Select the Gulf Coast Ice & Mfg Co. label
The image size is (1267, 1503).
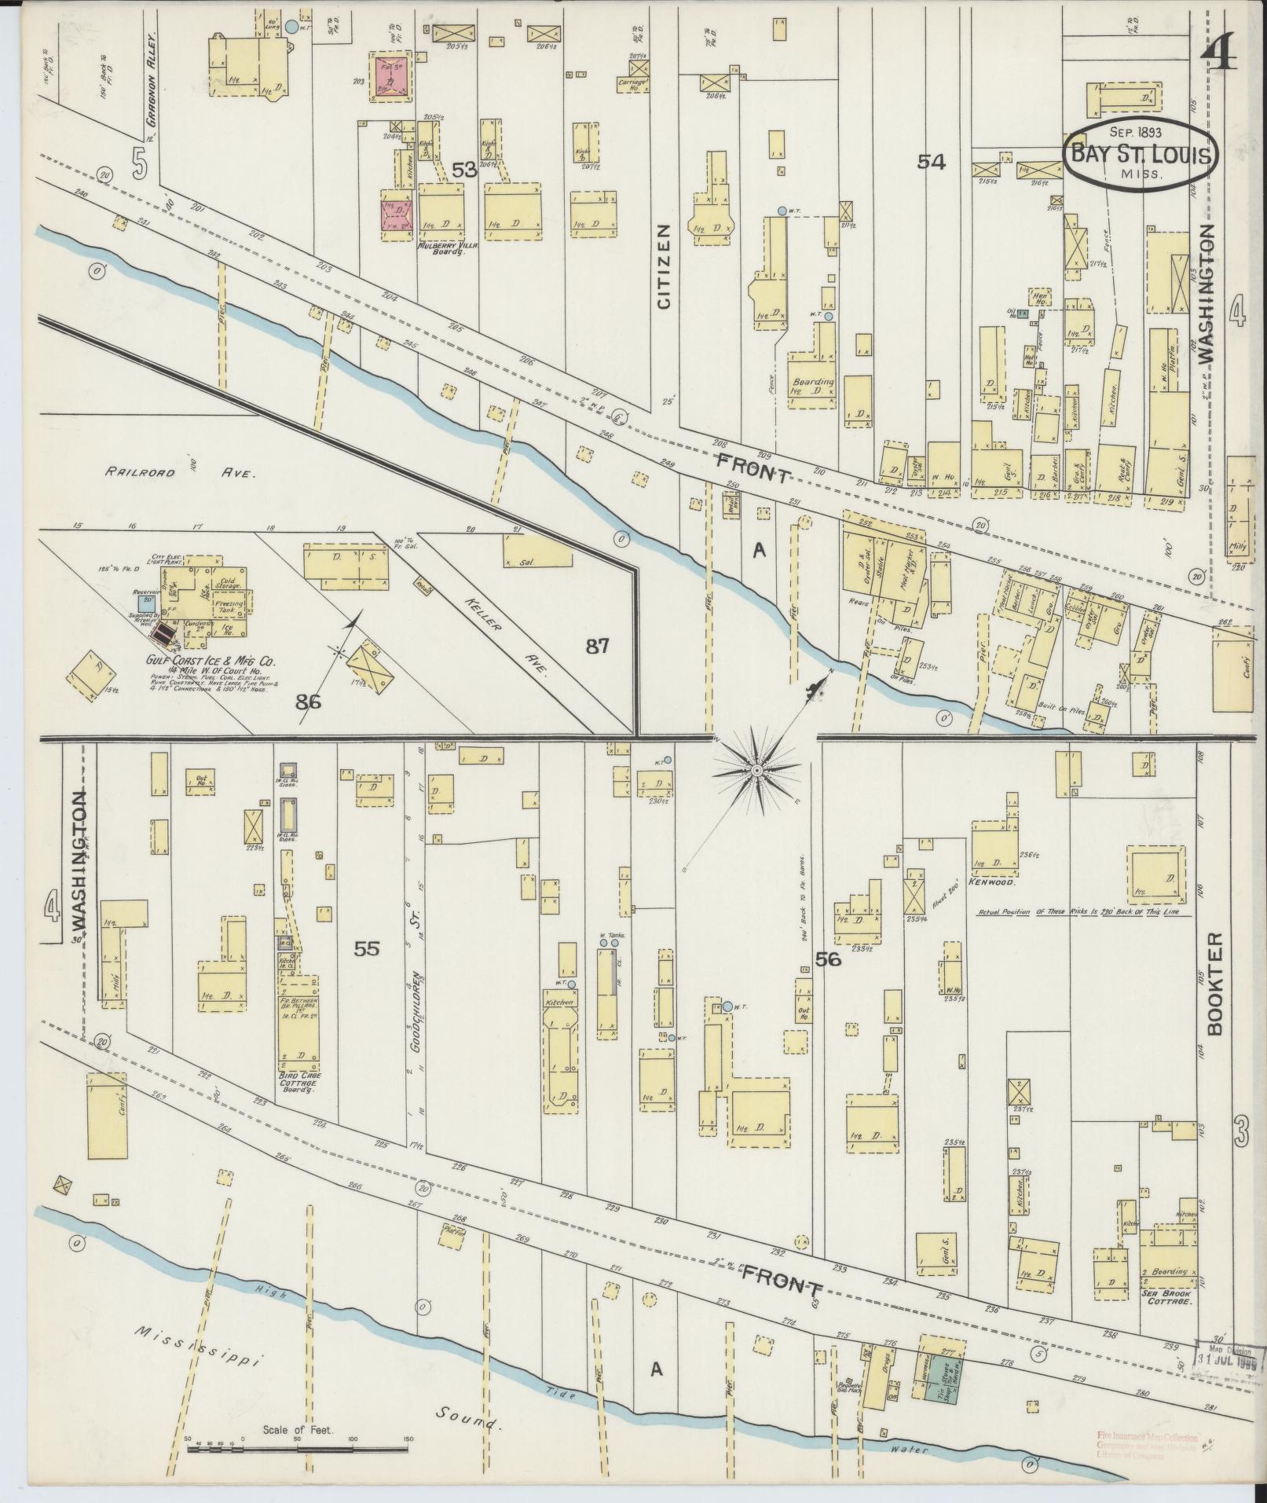pos(209,662)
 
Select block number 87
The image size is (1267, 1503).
pos(598,647)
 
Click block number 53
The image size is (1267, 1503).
pos(464,170)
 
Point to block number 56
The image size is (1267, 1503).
pos(828,959)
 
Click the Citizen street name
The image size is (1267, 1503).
pos(665,266)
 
